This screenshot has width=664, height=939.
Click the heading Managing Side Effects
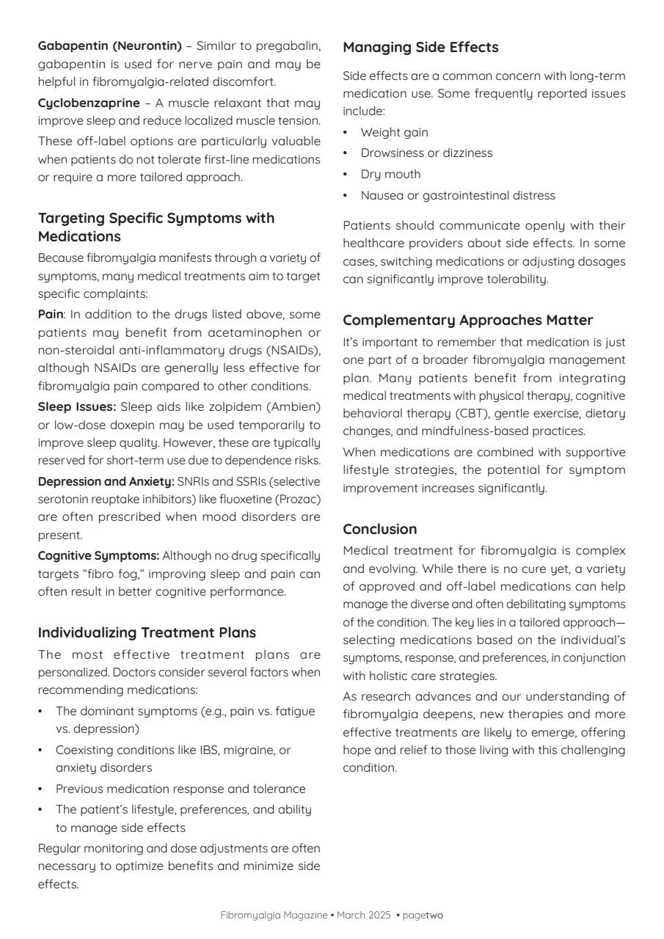coord(420,48)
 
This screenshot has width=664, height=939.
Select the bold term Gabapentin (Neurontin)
coord(110,45)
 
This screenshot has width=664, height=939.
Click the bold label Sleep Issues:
coord(77,406)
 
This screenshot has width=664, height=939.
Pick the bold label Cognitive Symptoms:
coord(98,555)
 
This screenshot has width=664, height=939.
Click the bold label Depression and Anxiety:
coord(106,481)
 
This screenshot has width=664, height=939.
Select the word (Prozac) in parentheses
coord(299,499)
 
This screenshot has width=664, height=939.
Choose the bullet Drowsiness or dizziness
coord(426,153)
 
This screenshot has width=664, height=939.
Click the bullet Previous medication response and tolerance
coord(180,789)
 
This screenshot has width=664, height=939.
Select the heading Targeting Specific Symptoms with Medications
coord(156,227)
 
